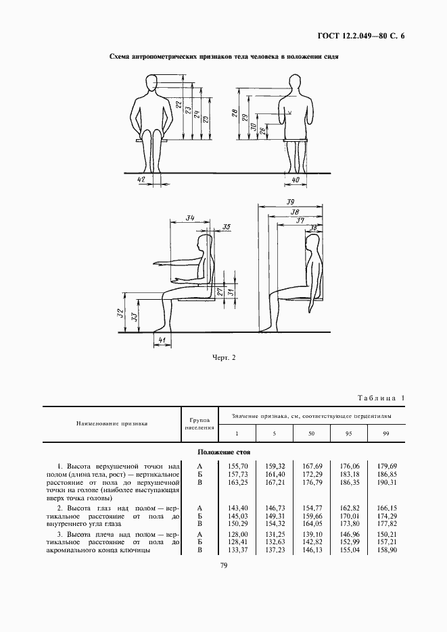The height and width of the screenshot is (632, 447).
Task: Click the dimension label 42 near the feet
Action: (x=141, y=180)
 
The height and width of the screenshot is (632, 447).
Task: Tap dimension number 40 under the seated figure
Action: (x=296, y=180)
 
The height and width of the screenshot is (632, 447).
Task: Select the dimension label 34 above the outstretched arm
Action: (x=190, y=218)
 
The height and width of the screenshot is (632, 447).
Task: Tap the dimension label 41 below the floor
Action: (x=161, y=339)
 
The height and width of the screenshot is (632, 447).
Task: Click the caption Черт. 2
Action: (x=224, y=358)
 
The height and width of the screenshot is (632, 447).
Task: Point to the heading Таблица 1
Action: (x=379, y=398)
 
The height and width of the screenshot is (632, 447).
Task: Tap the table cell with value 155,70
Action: (x=237, y=466)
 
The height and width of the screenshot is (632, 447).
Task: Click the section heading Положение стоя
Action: (x=223, y=451)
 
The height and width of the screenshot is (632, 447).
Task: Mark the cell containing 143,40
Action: (x=237, y=506)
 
